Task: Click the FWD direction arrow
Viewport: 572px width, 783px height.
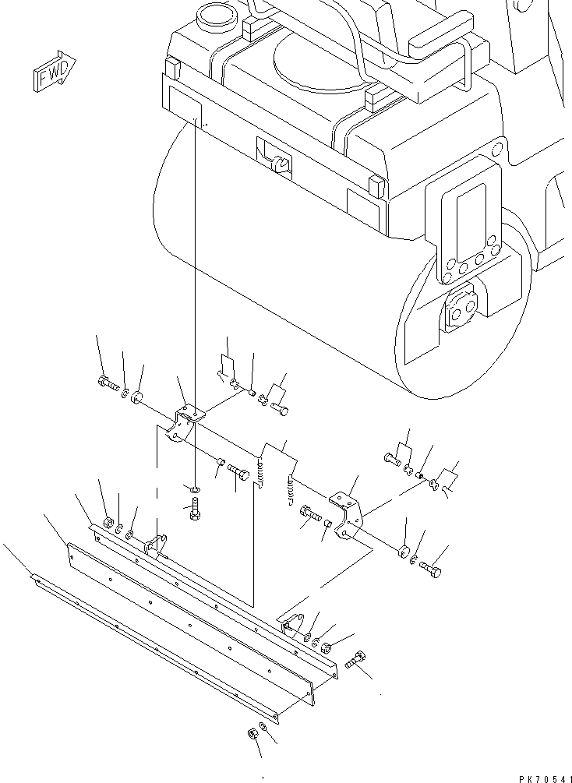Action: (x=55, y=71)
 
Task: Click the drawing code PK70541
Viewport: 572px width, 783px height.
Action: (x=545, y=778)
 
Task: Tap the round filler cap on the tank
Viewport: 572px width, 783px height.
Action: (x=215, y=17)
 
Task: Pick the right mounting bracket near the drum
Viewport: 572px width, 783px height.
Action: (x=348, y=514)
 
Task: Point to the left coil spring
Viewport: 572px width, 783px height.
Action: (x=261, y=472)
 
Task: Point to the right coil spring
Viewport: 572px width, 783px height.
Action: (x=291, y=490)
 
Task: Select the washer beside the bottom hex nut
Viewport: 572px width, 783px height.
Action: (x=263, y=726)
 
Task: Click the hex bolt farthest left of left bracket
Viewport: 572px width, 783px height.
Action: (x=108, y=383)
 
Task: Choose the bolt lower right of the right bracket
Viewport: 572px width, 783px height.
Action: (x=430, y=570)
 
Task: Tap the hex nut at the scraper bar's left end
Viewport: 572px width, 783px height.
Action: (x=108, y=523)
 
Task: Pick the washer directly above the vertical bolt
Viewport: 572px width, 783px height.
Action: (x=195, y=488)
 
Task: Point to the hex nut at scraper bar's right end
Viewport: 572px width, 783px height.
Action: (x=326, y=648)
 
